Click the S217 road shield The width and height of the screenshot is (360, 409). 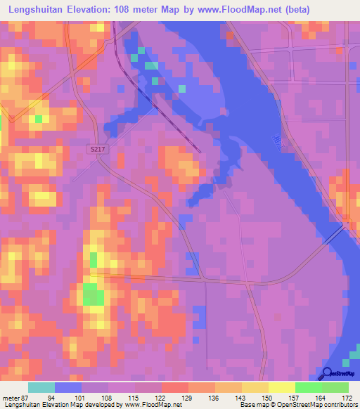coord(98,150)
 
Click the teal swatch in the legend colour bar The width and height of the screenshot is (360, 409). coord(41,388)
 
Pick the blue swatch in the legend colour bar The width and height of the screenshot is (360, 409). coord(68,388)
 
